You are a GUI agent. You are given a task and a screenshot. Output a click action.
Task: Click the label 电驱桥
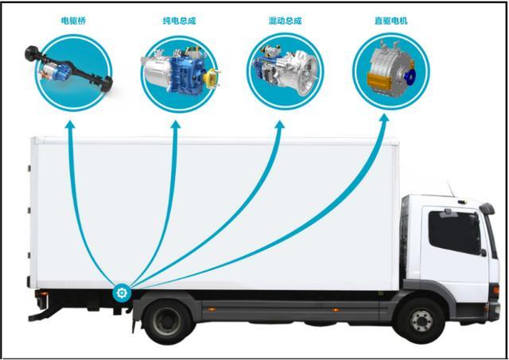coord(73,21)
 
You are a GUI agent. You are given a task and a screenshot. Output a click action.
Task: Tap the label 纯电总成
coord(179,21)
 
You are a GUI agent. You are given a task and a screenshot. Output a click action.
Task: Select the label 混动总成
coord(285,21)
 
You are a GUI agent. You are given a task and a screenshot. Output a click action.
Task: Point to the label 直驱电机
coord(390,21)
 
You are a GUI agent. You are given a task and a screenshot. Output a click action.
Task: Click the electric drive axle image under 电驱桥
coord(69,69)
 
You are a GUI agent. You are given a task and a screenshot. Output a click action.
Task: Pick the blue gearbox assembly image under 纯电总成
coord(181,71)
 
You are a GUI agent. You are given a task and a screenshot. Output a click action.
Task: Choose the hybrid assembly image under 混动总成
coord(285,70)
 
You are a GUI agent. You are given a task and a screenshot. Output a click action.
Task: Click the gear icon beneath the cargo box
coord(122,293)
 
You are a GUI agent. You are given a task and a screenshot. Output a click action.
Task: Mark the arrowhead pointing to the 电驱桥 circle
coord(70,124)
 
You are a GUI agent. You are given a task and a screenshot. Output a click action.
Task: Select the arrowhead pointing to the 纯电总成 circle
coord(176,124)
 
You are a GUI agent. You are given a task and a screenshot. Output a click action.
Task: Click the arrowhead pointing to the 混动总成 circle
coord(279,125)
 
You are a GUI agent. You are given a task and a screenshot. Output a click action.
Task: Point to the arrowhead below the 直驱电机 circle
coord(384,118)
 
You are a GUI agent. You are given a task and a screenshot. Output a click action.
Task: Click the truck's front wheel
coord(422,321)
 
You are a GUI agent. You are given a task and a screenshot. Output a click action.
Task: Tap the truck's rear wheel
coord(167,321)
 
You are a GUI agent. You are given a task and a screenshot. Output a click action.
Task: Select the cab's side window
coord(454,232)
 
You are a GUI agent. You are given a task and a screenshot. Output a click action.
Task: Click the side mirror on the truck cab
coord(487,208)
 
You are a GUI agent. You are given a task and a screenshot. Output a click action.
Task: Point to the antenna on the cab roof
coord(450,189)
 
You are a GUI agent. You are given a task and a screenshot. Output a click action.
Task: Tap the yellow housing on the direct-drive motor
coord(379,82)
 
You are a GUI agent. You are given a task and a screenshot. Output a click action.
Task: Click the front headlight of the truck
coord(495,289)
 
